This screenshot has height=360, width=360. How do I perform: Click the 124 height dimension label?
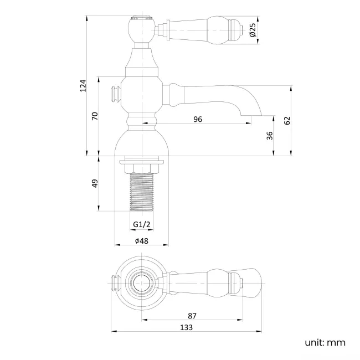[x=83, y=86]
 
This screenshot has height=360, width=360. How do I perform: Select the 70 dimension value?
[x=95, y=116]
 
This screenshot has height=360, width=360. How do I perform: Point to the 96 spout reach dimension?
[x=197, y=119]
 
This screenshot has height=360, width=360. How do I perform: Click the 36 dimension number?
[x=270, y=136]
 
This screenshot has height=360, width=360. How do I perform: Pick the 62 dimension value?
[x=287, y=121]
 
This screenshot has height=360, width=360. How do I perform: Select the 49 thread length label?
[x=95, y=183]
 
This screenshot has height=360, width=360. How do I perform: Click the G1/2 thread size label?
[x=142, y=224]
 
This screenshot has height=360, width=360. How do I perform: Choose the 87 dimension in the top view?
[x=192, y=315]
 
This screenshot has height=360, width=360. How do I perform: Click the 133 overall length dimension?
[x=187, y=327]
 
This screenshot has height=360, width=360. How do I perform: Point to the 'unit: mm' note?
[x=325, y=342]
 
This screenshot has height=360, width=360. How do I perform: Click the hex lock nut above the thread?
[x=142, y=167]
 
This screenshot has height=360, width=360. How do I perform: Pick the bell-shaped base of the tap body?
[x=142, y=143]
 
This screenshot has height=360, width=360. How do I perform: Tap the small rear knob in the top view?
[x=116, y=282]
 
